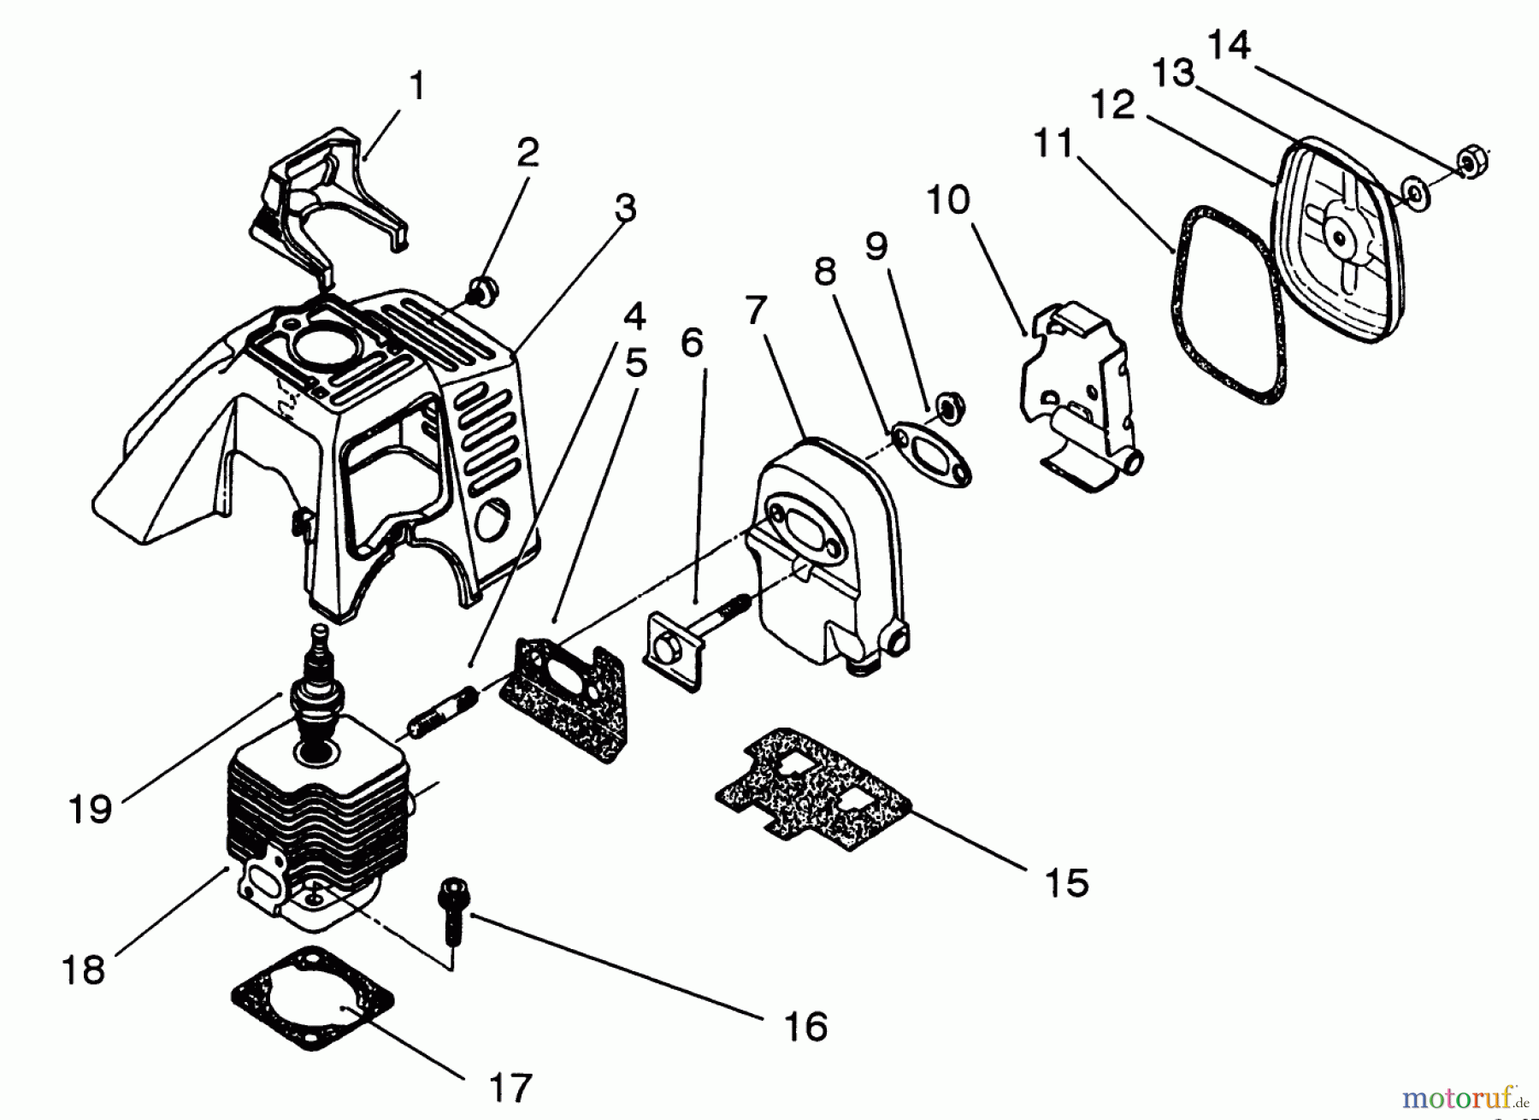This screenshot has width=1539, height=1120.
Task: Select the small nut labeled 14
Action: pyautogui.click(x=1472, y=160)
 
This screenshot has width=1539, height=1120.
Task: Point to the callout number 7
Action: pyautogui.click(x=754, y=312)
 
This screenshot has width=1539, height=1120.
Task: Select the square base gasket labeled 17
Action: pyautogui.click(x=312, y=999)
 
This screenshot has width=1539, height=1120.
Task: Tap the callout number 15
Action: pyautogui.click(x=1068, y=881)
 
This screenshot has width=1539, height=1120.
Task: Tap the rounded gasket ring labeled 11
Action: pyautogui.click(x=1227, y=304)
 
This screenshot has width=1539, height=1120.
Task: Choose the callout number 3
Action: pyautogui.click(x=626, y=206)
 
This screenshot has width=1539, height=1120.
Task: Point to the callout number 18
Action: pyautogui.click(x=84, y=969)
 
